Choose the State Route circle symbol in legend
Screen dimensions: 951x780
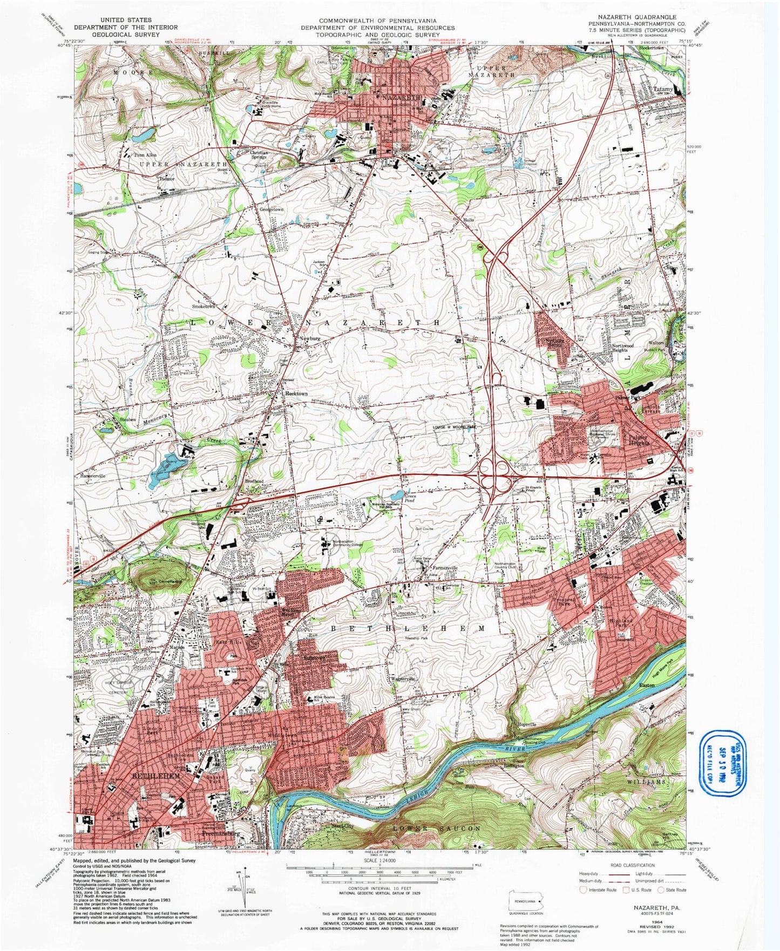tap(662, 890)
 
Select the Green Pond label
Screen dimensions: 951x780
tap(413, 498)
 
